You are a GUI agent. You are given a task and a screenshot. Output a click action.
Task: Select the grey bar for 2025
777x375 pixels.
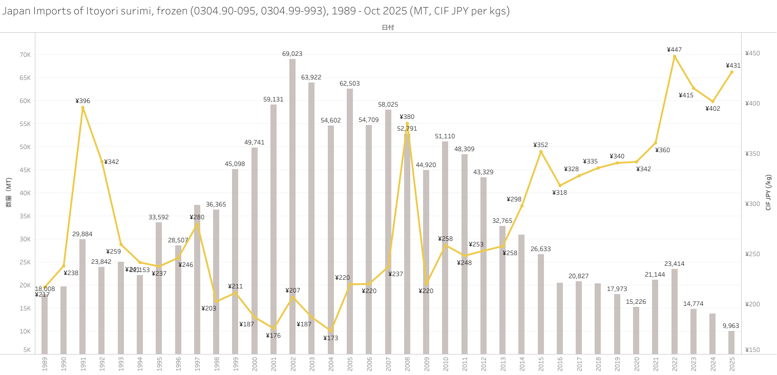tap(731, 342)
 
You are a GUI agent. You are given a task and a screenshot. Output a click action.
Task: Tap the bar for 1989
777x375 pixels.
tap(45, 323)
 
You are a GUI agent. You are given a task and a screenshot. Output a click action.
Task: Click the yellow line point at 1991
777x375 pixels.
tap(82, 107)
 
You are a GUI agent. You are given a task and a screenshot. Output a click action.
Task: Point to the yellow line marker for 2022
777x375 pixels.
tap(674, 56)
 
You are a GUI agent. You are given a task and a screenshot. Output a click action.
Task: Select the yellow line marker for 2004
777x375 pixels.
tap(330, 330)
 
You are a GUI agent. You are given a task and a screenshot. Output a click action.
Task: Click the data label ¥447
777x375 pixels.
tap(674, 50)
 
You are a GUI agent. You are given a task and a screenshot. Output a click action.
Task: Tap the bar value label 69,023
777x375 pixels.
tap(292, 54)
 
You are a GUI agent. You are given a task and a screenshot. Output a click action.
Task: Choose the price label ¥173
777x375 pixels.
tap(330, 338)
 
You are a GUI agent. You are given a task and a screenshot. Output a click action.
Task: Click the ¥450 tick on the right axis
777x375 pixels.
tap(752, 53)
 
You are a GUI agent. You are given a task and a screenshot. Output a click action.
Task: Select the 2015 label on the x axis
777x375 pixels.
tap(541, 364)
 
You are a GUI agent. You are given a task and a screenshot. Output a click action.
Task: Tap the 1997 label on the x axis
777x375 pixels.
tap(197, 364)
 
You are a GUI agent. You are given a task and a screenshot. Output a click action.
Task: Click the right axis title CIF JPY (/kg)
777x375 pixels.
tap(768, 193)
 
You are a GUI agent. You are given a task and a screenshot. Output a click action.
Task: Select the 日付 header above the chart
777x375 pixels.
tap(388, 28)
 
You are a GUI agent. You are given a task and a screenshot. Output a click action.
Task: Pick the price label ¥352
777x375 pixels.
tap(541, 145)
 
